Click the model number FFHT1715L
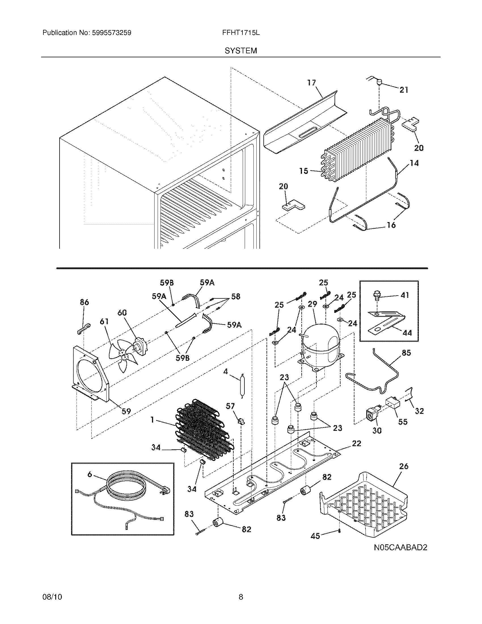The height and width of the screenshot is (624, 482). (x=241, y=33)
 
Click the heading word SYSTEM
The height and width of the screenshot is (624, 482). (x=241, y=51)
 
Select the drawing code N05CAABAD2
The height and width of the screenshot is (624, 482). (x=400, y=547)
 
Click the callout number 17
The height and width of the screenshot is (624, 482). (x=312, y=83)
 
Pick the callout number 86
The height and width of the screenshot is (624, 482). (x=84, y=302)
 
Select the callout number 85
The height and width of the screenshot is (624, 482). (x=406, y=353)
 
